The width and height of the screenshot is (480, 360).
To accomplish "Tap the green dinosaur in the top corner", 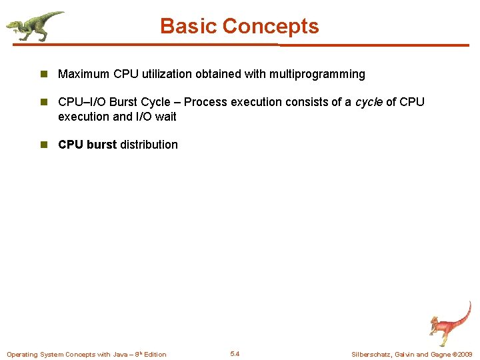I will tap(35, 25).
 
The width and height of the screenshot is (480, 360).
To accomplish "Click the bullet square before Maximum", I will tap(45, 74).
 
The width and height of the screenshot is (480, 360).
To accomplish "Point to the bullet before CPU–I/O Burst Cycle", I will tap(45, 102).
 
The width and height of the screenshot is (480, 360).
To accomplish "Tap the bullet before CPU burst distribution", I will tap(45, 145).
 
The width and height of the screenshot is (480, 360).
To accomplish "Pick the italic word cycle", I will tap(369, 102).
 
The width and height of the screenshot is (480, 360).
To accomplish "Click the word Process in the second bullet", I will tap(205, 102).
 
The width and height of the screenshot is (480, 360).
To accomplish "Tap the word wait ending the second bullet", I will tap(165, 117).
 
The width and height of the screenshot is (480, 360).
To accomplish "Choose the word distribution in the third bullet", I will tap(149, 145).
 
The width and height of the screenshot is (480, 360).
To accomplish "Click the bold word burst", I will tap(101, 145).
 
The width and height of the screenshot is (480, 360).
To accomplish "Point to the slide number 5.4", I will tap(235, 354).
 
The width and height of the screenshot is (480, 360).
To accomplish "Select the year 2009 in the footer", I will tap(464, 354).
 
